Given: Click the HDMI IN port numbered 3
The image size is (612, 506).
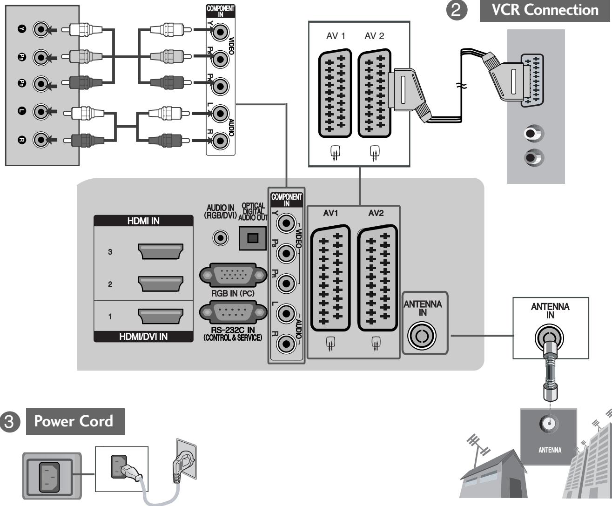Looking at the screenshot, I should click(x=161, y=252).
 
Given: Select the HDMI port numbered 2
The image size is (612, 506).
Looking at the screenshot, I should click(x=161, y=284).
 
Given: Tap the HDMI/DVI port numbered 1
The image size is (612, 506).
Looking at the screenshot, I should click(x=161, y=317).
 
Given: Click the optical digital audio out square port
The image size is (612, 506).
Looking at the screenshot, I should click(x=252, y=238).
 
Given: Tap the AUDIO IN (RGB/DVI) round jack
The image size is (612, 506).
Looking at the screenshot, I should click(x=221, y=238).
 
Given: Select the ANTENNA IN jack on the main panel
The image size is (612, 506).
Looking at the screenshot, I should click(x=422, y=336).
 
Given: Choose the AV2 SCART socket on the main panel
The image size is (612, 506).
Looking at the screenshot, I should click(x=377, y=278).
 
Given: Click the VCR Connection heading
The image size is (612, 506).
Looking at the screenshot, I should click(x=545, y=10).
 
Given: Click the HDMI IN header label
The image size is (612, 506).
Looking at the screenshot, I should click(x=143, y=221).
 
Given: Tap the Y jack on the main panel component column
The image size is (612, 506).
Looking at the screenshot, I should click(x=286, y=223).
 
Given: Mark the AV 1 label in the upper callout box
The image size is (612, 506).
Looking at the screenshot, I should click(x=335, y=36).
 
